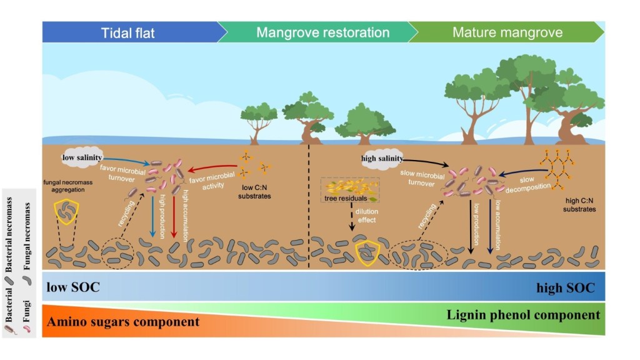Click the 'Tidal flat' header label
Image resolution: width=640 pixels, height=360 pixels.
point(131,32)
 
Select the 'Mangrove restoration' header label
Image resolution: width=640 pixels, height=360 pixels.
point(322,32)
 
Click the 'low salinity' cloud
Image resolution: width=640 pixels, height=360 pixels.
point(82,157)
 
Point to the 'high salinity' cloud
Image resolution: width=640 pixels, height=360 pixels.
point(381,158)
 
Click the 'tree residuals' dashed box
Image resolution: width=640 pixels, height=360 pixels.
point(350,190)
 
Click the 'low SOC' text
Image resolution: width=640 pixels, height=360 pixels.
point(72,287)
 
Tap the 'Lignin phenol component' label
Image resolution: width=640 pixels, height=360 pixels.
point(524,314)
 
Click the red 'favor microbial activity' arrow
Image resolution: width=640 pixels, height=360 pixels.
point(212,167)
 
